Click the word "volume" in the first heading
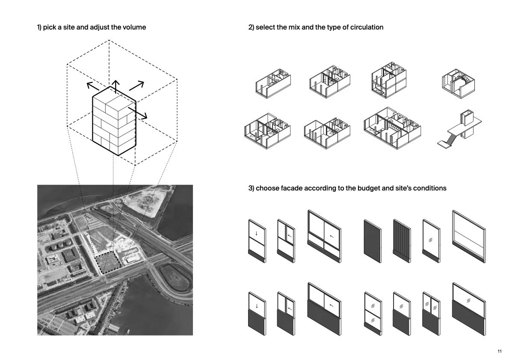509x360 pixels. (x=133, y=27)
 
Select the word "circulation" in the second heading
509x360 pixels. (x=366, y=27)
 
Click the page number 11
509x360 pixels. (x=499, y=351)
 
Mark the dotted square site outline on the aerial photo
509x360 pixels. (x=107, y=262)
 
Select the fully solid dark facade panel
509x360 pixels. (x=372, y=241)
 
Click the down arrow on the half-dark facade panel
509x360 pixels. (x=257, y=306)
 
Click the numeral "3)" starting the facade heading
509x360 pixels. (x=251, y=188)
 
